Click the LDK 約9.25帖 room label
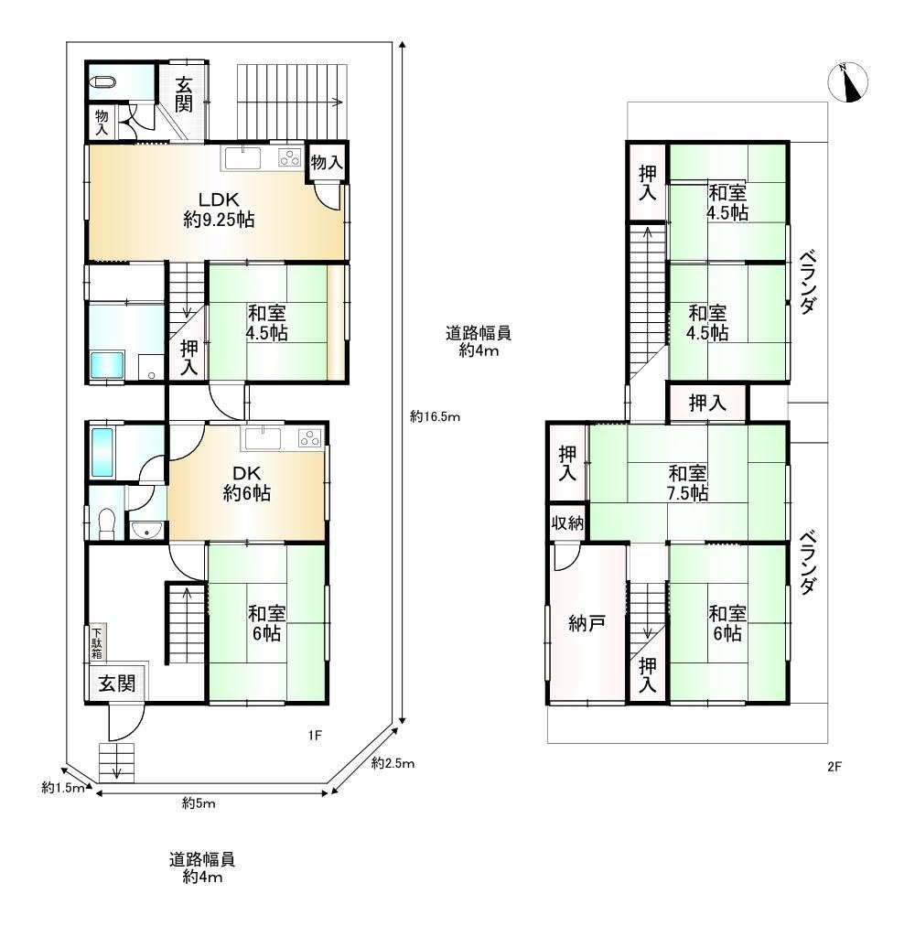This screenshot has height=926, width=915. [219, 209]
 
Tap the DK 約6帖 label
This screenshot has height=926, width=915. [247, 483]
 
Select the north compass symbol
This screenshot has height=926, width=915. [848, 82]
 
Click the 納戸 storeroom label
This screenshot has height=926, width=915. [587, 623]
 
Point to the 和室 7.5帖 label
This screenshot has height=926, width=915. [687, 483]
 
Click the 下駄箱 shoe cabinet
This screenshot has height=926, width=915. [97, 642]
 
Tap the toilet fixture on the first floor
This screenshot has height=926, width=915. [106, 522]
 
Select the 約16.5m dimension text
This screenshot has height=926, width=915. [436, 417]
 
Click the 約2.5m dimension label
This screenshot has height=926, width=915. [393, 764]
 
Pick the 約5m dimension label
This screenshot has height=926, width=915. [199, 803]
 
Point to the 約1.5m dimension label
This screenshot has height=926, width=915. [63, 788]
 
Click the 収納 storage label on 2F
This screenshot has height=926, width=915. [567, 522]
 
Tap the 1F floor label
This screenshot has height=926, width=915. [315, 736]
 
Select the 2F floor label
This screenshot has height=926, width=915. [834, 767]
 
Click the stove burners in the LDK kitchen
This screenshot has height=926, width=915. [290, 157]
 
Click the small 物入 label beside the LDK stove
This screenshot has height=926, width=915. [327, 162]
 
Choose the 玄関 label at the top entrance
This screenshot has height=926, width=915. [184, 93]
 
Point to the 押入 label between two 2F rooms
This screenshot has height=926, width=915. [707, 404]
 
